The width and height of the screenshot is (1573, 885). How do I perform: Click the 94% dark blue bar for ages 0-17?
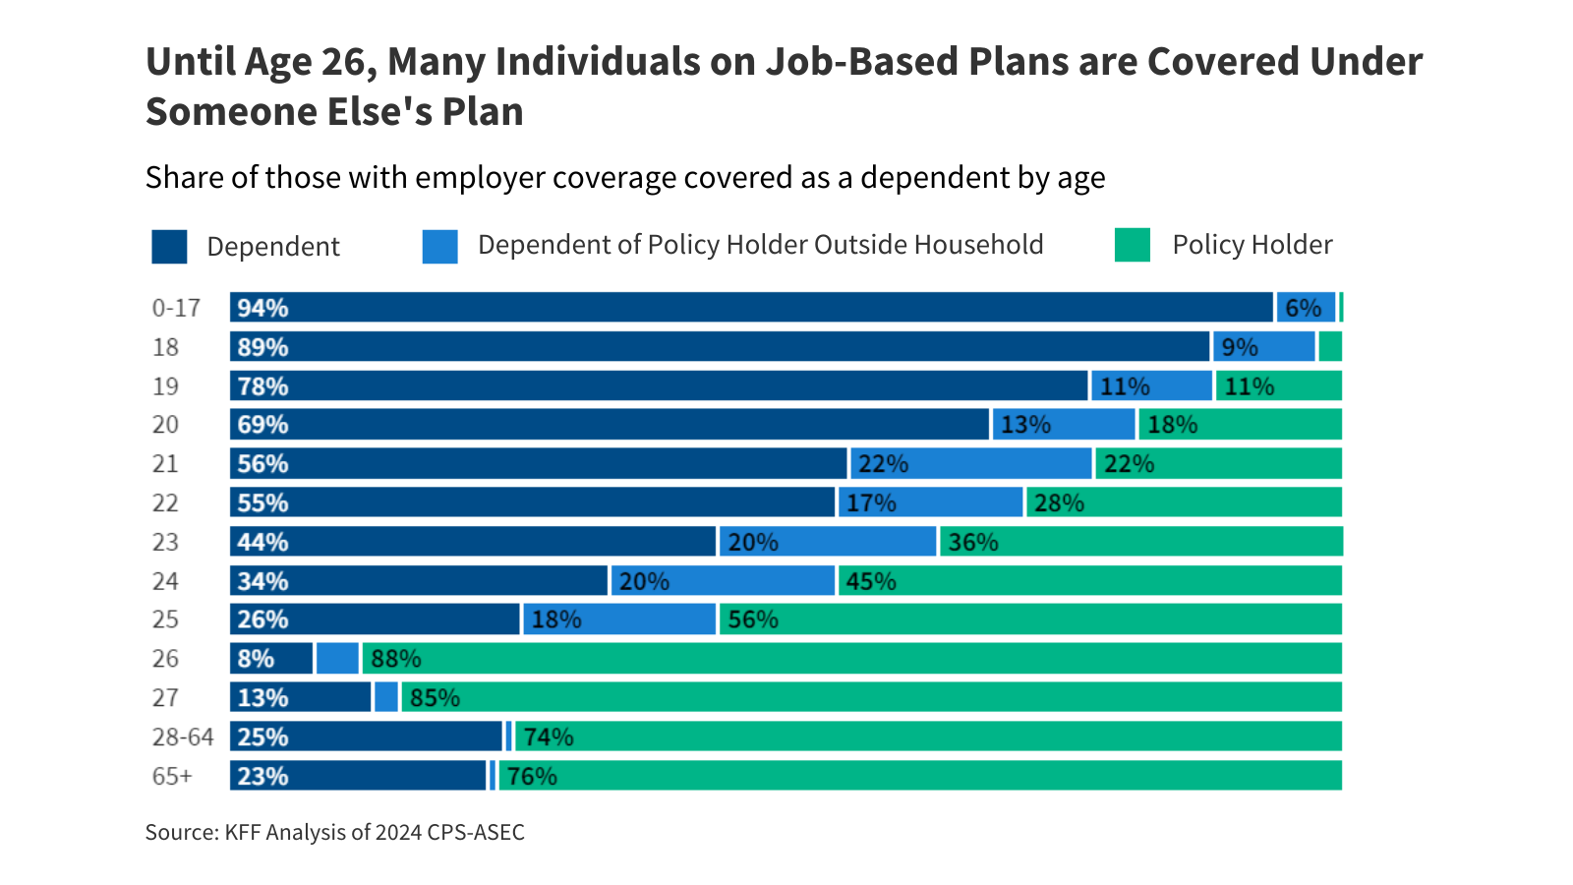click(x=752, y=307)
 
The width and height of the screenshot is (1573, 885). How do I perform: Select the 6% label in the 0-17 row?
click(x=1303, y=308)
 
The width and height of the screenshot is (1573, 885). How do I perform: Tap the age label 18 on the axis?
click(x=165, y=347)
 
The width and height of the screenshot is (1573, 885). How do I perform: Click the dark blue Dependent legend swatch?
click(x=169, y=246)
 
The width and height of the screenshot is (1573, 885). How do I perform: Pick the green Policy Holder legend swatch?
click(x=1132, y=245)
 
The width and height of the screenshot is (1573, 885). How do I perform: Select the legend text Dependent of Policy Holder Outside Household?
click(x=760, y=245)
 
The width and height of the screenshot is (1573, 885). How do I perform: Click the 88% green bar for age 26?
click(x=850, y=658)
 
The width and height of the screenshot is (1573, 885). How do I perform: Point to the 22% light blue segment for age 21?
click(x=970, y=463)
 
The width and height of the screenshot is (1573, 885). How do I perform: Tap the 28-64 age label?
click(x=182, y=737)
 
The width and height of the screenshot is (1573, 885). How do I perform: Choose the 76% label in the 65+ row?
click(x=532, y=776)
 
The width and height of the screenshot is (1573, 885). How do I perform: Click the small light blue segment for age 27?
click(x=386, y=697)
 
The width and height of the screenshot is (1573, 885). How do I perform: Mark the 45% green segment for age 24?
click(x=1089, y=580)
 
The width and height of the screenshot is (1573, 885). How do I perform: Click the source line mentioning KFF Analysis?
click(x=334, y=832)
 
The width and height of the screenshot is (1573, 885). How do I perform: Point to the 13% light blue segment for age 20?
click(x=1064, y=424)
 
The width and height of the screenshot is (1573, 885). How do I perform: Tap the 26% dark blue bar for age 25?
click(x=375, y=619)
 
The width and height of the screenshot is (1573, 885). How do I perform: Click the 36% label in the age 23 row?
click(x=972, y=542)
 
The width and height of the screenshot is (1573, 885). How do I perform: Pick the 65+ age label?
click(x=172, y=776)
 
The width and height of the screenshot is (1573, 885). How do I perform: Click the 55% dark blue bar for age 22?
click(x=533, y=502)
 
